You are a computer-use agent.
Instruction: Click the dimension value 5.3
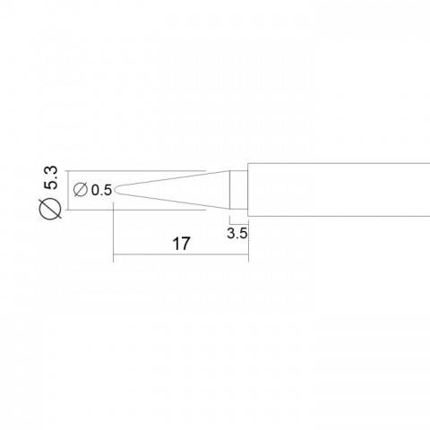50,178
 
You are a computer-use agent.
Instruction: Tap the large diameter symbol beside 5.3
50,209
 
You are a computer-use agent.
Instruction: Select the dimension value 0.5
101,190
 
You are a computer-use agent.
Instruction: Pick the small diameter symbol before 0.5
81,190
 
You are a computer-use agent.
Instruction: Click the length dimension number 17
181,244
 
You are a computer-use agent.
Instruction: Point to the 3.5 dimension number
237,233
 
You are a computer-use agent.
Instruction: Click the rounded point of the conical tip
115,190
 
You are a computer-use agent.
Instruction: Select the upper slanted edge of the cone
172,178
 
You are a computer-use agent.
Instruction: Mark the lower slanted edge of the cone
172,202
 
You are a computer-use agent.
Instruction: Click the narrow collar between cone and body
238,190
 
